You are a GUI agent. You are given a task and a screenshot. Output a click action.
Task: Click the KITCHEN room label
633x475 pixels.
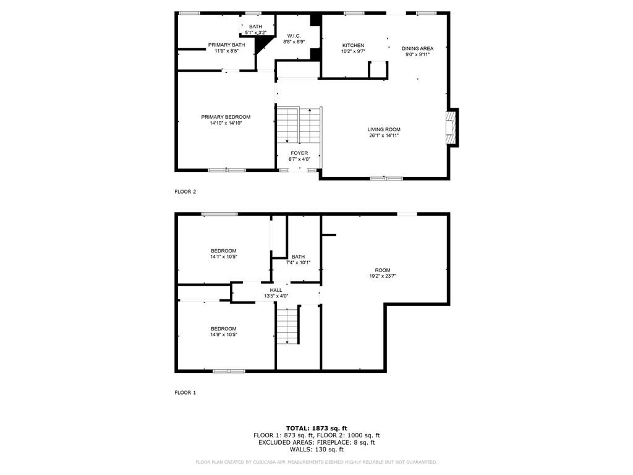(x=353, y=46)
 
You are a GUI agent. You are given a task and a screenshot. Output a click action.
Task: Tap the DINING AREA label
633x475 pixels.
(x=417, y=48)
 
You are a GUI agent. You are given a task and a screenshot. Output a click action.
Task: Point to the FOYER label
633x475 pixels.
(x=299, y=153)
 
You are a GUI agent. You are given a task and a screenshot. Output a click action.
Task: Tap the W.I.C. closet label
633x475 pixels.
(x=294, y=36)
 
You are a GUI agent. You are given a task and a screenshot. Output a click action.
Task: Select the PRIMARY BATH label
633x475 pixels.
(x=226, y=45)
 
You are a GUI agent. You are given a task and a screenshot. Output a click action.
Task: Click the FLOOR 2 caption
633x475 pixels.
(x=185, y=192)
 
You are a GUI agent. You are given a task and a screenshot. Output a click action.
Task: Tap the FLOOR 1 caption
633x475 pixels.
(x=185, y=393)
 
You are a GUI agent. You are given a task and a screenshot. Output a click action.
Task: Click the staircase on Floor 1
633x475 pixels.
(x=287, y=326)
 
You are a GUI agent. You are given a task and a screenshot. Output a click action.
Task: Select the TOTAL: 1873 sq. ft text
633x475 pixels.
(x=316, y=428)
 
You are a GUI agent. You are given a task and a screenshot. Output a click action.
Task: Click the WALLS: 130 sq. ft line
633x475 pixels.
(x=316, y=450)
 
